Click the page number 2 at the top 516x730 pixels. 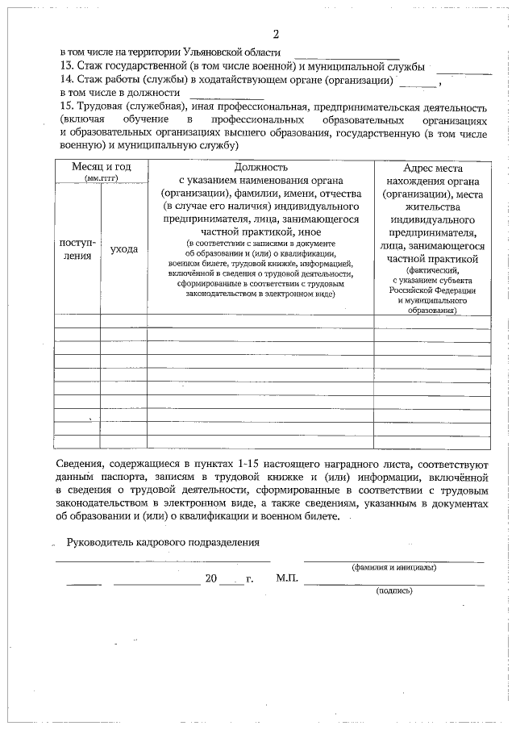pyautogui.click(x=276, y=34)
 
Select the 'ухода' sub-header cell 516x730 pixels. pyautogui.click(x=123, y=249)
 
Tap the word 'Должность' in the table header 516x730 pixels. pyautogui.click(x=260, y=166)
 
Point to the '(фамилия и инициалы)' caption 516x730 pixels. pyautogui.click(x=394, y=567)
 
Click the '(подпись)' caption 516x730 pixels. pyautogui.click(x=394, y=590)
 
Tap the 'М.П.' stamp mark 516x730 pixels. pyautogui.click(x=287, y=579)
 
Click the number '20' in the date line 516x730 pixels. pyautogui.click(x=211, y=579)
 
